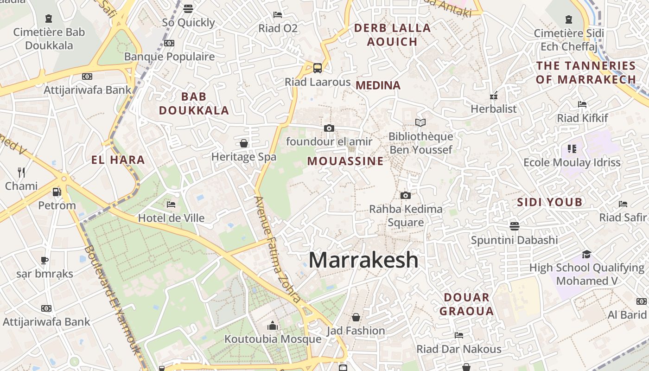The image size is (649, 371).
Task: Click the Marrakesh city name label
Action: (x=363, y=260)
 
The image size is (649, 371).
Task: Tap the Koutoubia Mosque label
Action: (x=273, y=339)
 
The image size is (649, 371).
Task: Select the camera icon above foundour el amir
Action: (x=329, y=128)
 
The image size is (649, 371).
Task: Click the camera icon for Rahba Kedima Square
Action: (x=406, y=196)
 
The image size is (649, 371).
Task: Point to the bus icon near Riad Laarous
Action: (x=318, y=68)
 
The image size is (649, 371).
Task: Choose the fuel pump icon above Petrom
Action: (x=57, y=192)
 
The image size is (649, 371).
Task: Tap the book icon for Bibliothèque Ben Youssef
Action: (x=420, y=123)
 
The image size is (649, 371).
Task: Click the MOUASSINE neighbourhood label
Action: (x=345, y=161)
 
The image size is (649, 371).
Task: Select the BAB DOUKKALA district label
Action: (x=194, y=103)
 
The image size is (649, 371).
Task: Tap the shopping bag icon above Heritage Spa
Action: (x=244, y=143)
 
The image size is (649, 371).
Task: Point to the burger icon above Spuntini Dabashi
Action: (x=514, y=226)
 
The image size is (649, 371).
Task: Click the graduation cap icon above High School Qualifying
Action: (x=586, y=254)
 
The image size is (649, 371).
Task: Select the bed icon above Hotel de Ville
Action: (x=171, y=204)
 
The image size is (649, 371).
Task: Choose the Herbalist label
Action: (x=493, y=109)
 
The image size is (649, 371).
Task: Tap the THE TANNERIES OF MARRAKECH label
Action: (x=586, y=72)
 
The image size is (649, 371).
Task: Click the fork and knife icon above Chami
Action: (x=21, y=173)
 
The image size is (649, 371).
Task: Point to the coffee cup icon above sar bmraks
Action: (x=45, y=260)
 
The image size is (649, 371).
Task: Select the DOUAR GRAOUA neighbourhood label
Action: (x=466, y=304)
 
